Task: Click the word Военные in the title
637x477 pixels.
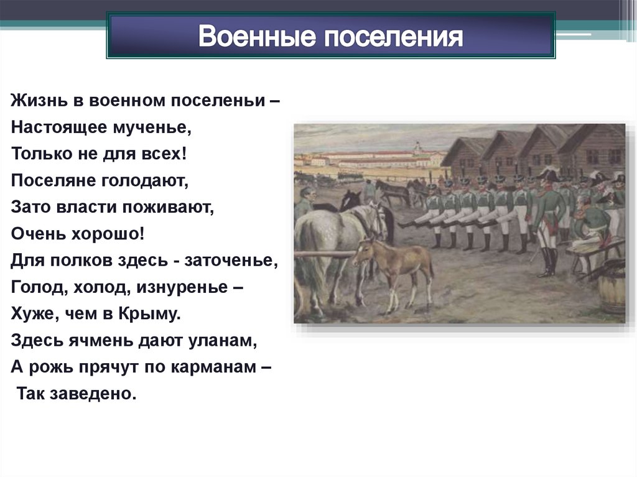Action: (x=257, y=37)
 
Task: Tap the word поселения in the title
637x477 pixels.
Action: (x=393, y=37)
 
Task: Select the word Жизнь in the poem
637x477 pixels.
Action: (x=39, y=100)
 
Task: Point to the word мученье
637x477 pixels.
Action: (x=152, y=127)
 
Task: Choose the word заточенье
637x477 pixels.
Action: (x=231, y=261)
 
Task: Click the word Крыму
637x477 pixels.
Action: (x=149, y=313)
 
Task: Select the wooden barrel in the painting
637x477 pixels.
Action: (x=611, y=292)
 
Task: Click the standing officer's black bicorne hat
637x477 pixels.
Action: (x=549, y=175)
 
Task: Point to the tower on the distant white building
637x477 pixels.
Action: (x=417, y=147)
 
